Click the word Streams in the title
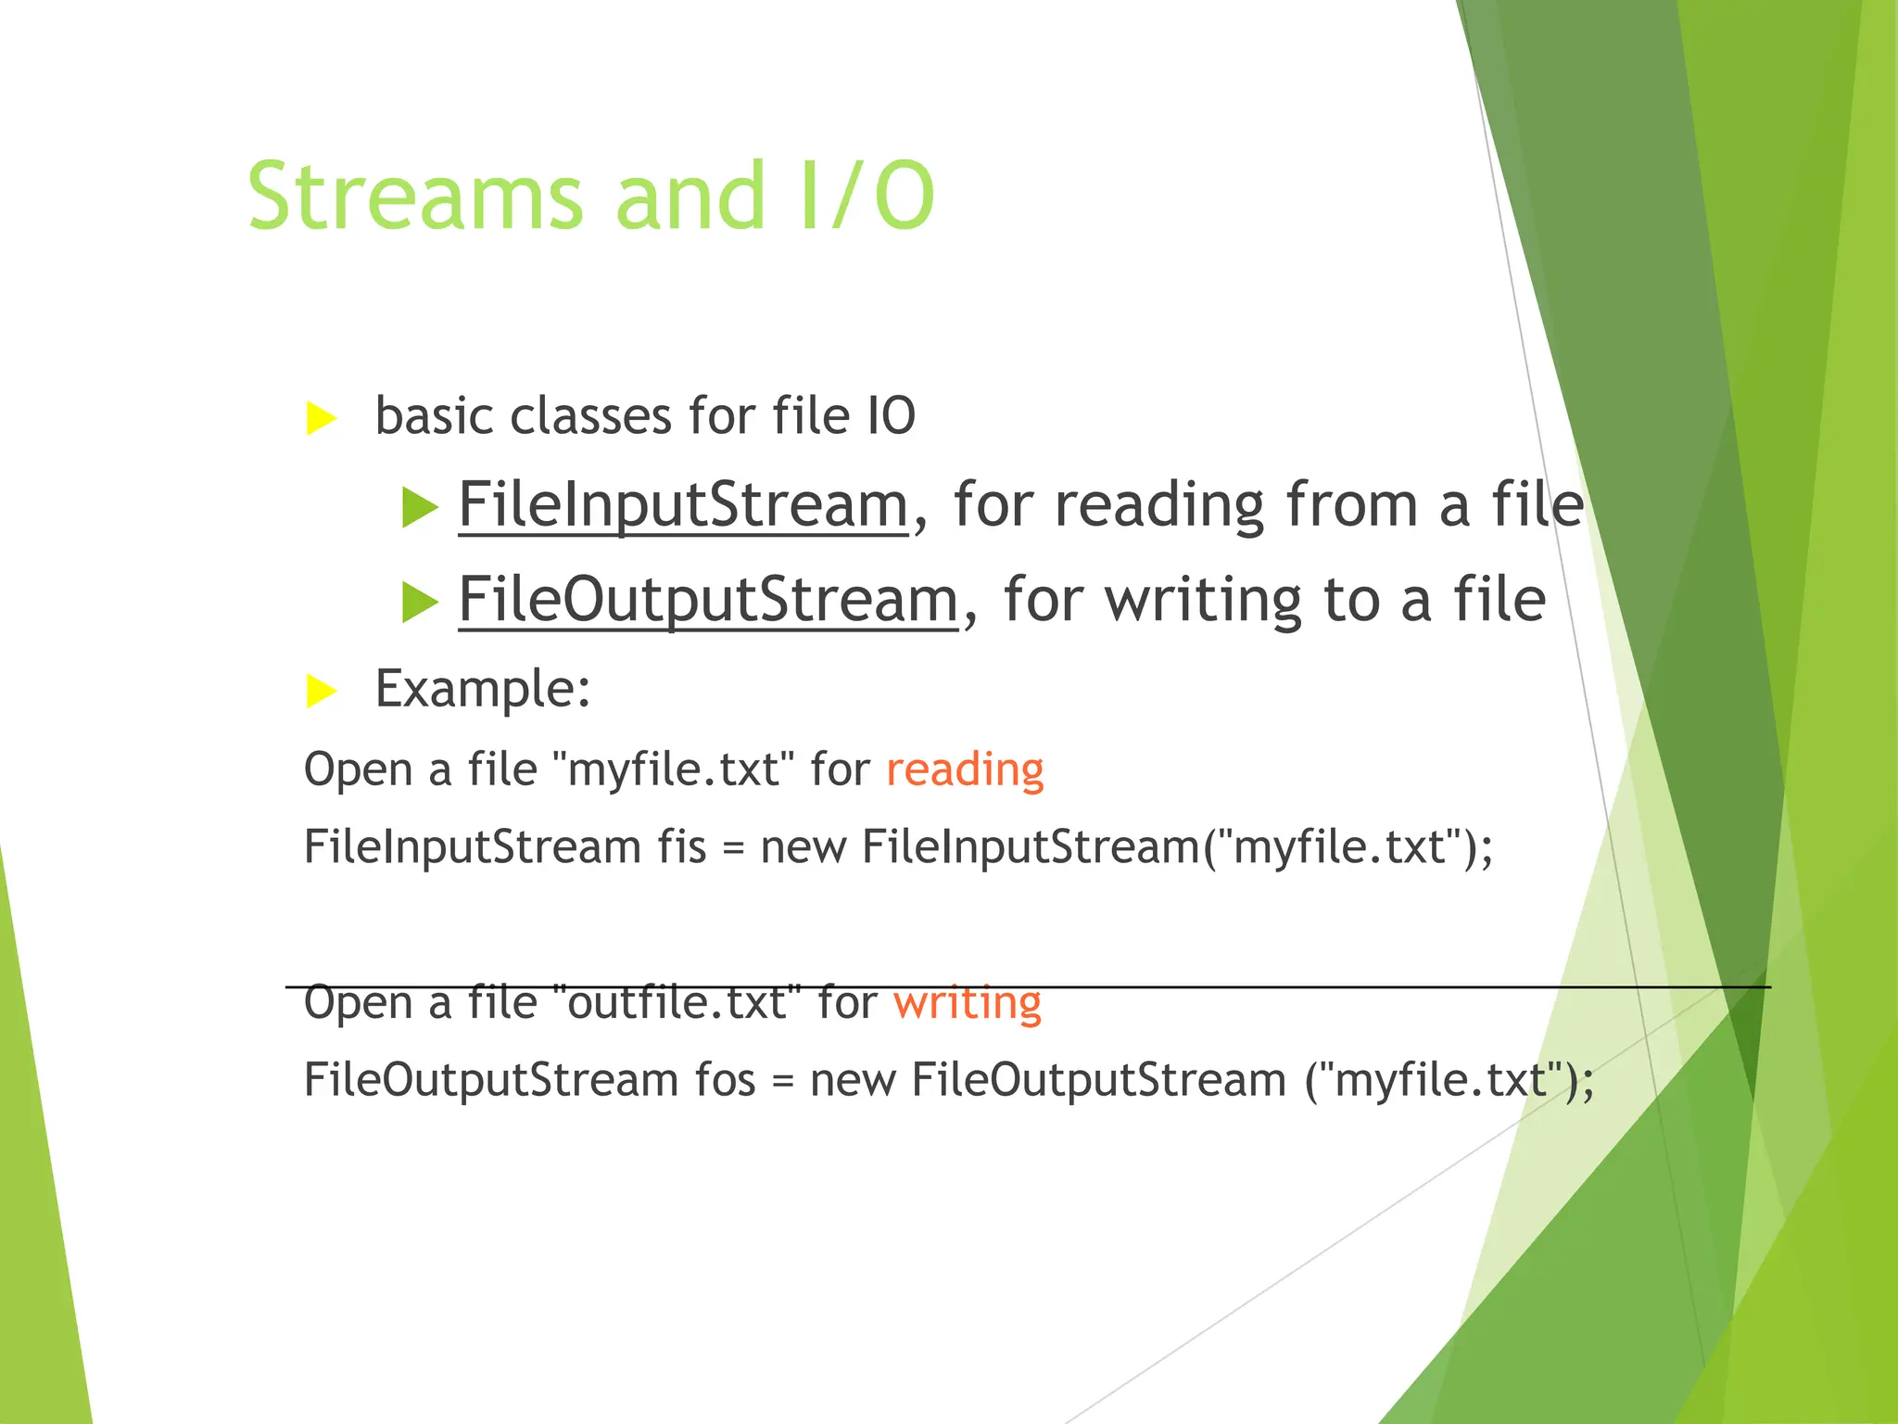click(415, 197)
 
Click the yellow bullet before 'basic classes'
click(321, 418)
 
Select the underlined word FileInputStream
click(683, 505)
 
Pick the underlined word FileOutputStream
click(708, 600)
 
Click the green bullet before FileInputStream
click(420, 508)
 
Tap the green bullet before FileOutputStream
click(420, 603)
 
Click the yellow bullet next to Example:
click(321, 691)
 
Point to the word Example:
click(483, 689)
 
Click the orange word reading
click(965, 770)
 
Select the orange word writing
click(967, 1003)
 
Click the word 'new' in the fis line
click(803, 847)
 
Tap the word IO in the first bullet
click(891, 416)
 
